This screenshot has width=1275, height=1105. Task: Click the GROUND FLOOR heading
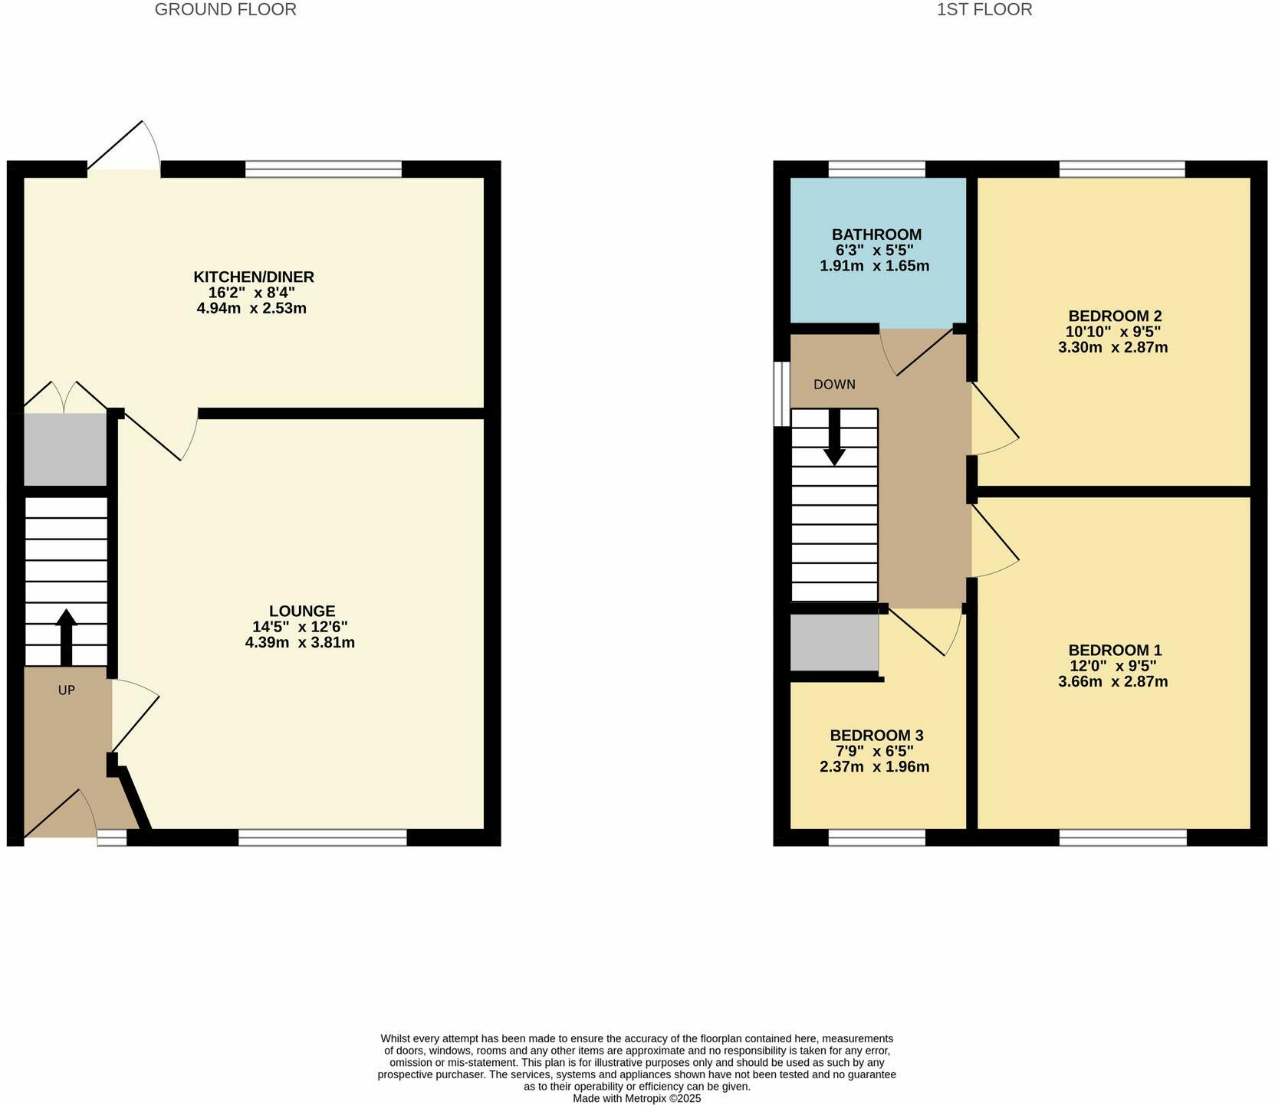(x=225, y=10)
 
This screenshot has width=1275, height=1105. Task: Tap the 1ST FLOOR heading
(x=984, y=10)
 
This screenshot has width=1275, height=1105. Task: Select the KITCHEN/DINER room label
(x=253, y=277)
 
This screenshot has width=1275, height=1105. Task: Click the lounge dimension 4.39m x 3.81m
(x=300, y=643)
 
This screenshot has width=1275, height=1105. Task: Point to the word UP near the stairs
(x=67, y=690)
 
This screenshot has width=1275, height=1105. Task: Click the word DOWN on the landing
(x=834, y=385)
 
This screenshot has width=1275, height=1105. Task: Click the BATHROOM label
(x=876, y=234)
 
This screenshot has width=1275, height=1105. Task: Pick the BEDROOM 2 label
(x=1115, y=316)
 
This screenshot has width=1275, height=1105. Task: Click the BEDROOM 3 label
(x=876, y=736)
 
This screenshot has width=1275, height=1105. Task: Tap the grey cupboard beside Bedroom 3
(x=834, y=642)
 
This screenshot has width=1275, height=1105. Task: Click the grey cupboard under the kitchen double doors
(x=64, y=449)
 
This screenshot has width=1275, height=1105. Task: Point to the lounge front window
(x=322, y=838)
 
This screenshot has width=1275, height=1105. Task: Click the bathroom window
(x=876, y=169)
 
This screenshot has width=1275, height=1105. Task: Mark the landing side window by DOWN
(x=781, y=394)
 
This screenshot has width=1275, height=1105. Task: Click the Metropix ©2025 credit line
(x=636, y=1098)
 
